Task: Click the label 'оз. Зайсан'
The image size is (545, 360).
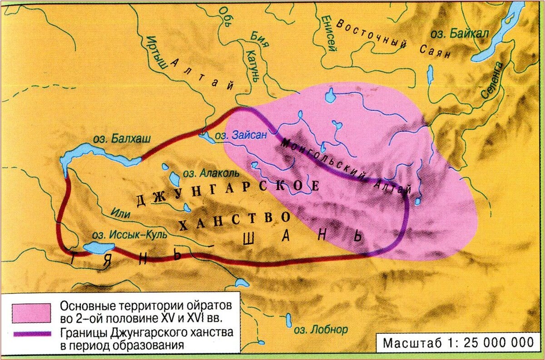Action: click(x=238, y=135)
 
